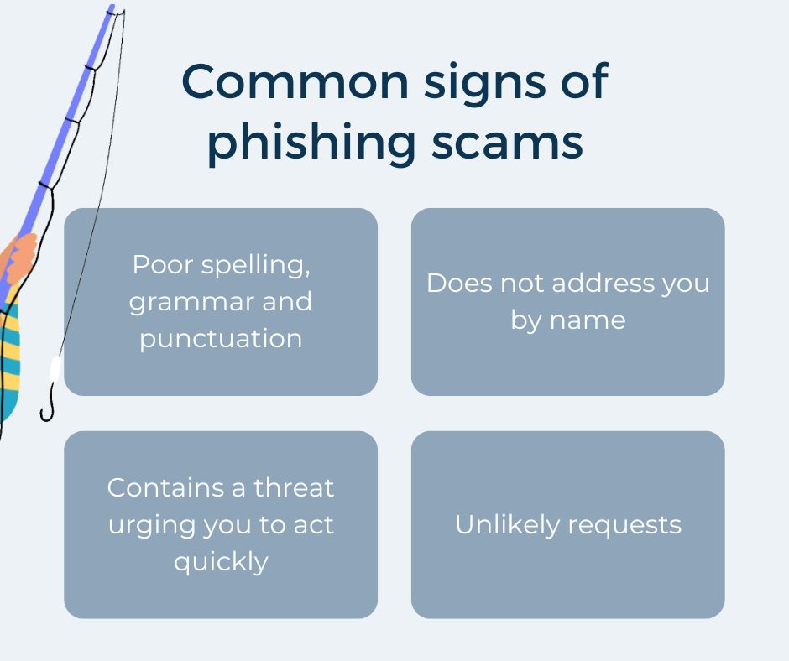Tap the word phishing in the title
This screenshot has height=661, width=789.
pyautogui.click(x=311, y=143)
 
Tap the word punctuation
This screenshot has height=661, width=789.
pyautogui.click(x=221, y=339)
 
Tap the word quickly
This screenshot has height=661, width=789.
pyautogui.click(x=221, y=562)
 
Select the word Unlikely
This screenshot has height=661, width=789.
pyautogui.click(x=507, y=525)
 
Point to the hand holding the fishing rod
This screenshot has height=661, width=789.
pyautogui.click(x=20, y=256)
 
